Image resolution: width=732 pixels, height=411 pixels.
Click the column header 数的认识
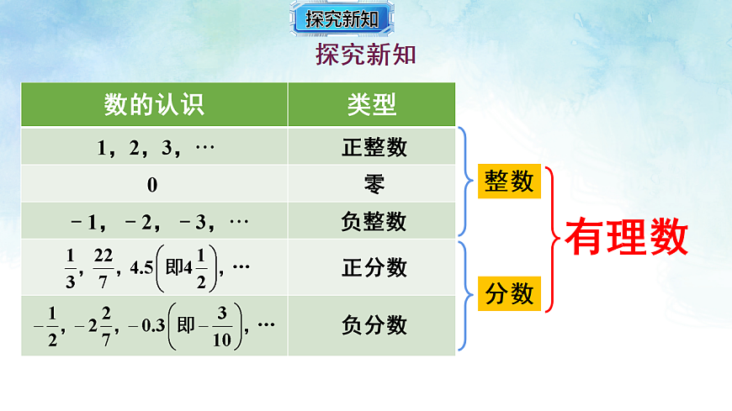(154, 104)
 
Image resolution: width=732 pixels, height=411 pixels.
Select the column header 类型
(372, 104)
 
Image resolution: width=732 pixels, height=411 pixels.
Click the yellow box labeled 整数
(509, 182)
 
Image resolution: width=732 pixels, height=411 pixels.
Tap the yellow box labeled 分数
(509, 293)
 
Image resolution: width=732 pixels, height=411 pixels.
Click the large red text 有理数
(626, 238)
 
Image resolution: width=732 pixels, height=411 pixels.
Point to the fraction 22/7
(103, 267)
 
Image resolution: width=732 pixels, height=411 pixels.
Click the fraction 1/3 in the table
(70, 267)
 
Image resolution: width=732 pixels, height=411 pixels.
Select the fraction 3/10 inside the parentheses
(223, 324)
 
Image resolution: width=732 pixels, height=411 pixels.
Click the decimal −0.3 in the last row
(146, 325)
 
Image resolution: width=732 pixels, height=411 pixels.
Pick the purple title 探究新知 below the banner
(366, 55)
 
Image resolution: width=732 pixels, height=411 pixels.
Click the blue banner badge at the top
(342, 18)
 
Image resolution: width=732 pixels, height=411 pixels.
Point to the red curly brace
(550, 239)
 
